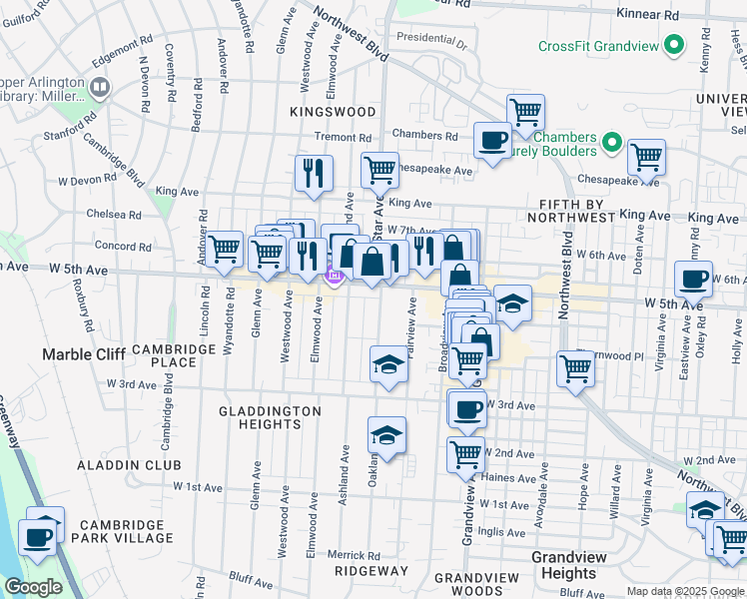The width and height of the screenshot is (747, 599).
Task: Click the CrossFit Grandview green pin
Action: click(x=675, y=46)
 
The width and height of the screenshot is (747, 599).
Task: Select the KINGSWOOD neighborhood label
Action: click(x=333, y=113)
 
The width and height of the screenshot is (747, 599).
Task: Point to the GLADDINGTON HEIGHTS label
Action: click(x=270, y=417)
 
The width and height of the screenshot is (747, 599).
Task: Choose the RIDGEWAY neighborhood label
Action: click(x=371, y=571)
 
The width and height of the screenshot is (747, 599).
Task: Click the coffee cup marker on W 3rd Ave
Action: click(x=466, y=407)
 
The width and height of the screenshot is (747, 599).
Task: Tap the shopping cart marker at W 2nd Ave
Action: click(x=465, y=454)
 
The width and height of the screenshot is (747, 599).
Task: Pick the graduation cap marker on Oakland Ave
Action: click(x=386, y=435)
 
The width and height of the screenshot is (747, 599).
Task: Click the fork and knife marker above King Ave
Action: click(x=315, y=173)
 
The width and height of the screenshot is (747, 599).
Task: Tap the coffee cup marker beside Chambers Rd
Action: click(x=491, y=140)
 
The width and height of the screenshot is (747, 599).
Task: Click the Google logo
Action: click(x=33, y=587)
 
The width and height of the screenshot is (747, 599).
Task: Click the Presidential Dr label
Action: click(x=431, y=41)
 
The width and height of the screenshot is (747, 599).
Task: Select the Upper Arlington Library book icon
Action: click(x=99, y=88)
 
